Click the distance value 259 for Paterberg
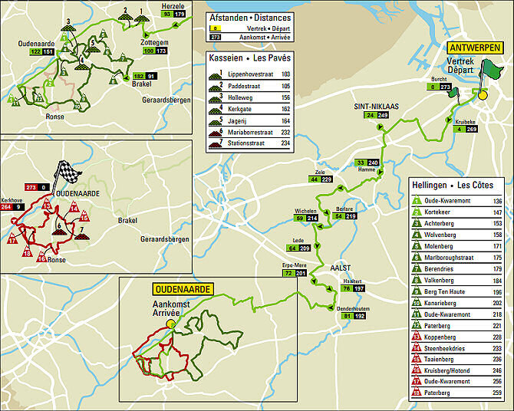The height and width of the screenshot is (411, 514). click(497, 392)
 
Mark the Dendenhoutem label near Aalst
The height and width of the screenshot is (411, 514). click(352, 308)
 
